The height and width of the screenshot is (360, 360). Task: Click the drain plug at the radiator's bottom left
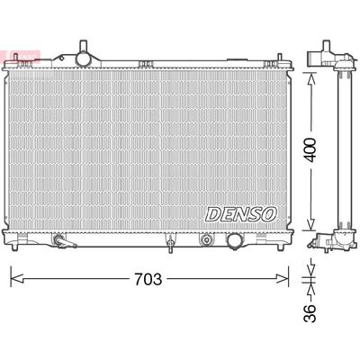click(x=60, y=242)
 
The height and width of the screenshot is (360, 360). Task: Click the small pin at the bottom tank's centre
click(x=167, y=242)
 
